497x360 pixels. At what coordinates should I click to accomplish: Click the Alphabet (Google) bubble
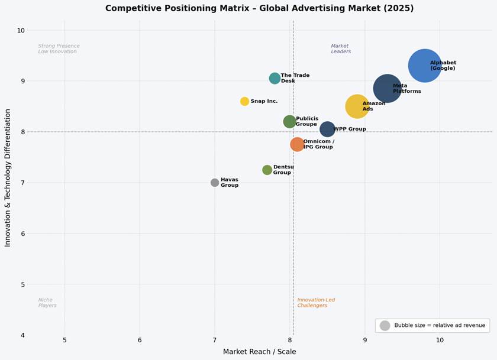pos(424,66)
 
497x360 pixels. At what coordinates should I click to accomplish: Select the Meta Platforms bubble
pos(388,89)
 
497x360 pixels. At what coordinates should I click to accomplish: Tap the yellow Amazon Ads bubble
pos(357,106)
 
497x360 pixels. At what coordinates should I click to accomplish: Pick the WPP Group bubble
pos(327,129)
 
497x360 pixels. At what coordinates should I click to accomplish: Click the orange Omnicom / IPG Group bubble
pos(297,144)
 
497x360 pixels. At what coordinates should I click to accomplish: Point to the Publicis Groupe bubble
pos(289,122)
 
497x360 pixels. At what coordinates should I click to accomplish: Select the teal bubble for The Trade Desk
pos(275,78)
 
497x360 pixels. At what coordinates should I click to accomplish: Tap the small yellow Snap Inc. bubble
pos(244,101)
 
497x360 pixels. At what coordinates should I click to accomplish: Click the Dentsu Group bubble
pos(267,170)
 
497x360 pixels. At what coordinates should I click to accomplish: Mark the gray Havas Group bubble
pos(215,183)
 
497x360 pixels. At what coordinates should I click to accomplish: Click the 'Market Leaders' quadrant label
pos(341,48)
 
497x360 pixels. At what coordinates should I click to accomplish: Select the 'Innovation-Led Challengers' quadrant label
pos(316,303)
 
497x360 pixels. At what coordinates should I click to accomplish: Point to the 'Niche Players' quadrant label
pos(47,303)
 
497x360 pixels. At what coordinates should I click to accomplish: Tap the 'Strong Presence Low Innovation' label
pos(59,48)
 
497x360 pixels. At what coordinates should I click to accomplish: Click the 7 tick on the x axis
pos(215,340)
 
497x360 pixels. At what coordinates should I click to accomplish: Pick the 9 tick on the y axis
pos(21,81)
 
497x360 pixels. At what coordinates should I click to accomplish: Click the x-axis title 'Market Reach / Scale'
pos(259,352)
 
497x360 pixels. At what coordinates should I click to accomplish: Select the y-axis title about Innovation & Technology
pos(8,177)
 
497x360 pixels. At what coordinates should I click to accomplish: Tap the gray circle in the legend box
pos(385,325)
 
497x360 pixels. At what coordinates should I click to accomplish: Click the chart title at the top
pos(259,8)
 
